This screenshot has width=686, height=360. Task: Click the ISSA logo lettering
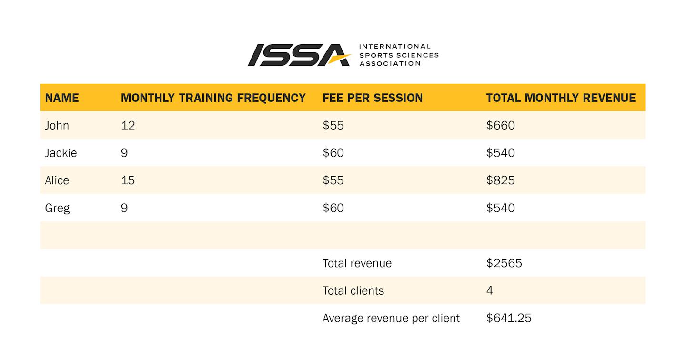(299, 55)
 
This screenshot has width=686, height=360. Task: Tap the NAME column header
(62, 98)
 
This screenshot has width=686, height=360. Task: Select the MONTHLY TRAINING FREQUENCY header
(213, 98)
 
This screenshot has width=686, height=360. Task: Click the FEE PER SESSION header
(373, 98)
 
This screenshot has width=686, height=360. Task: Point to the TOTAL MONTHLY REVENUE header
(561, 98)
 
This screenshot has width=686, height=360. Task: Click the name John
(57, 126)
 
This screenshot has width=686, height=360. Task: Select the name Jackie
(61, 153)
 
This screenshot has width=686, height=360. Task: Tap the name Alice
(57, 180)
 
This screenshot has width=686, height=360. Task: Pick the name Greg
(57, 209)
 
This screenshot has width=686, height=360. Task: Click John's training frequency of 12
(128, 126)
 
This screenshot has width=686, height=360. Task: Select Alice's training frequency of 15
(128, 180)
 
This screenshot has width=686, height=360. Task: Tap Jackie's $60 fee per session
(333, 153)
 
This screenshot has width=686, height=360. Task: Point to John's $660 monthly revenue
(500, 126)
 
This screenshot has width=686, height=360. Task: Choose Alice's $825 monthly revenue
(500, 180)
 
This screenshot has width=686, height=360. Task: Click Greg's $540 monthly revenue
(500, 208)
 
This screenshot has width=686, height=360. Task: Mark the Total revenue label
(357, 263)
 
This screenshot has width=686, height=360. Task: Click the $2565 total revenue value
(504, 263)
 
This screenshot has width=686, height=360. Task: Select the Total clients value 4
(490, 290)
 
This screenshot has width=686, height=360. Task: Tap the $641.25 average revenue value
(509, 318)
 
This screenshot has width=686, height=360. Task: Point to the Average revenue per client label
(391, 319)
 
